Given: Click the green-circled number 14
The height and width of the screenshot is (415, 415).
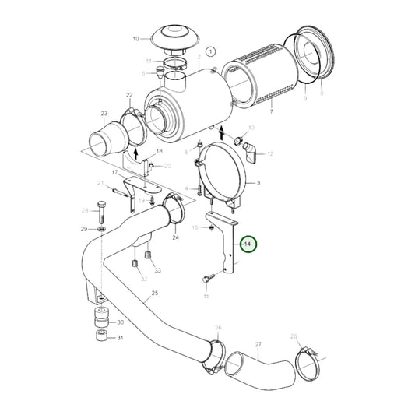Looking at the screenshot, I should coord(248,244).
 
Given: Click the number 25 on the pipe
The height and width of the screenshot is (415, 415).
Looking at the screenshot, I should coord(154,293).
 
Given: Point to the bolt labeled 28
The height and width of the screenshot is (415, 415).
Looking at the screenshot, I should coord(101,210).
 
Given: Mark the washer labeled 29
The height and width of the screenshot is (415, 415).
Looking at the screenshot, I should coord(102,229).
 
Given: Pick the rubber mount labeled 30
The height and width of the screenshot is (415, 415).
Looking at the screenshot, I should coord(100,320).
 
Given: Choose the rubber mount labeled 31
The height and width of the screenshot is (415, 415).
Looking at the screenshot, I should coord(100,338).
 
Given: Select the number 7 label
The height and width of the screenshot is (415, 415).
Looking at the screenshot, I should coord(273,113).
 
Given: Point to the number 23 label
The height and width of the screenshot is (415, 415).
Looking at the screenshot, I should coord(104,114).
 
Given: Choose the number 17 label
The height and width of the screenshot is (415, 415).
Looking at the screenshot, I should coord(114,172).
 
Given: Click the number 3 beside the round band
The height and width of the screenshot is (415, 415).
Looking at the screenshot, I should coord(260,181).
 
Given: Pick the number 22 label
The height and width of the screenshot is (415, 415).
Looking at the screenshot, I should coord(128,95).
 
